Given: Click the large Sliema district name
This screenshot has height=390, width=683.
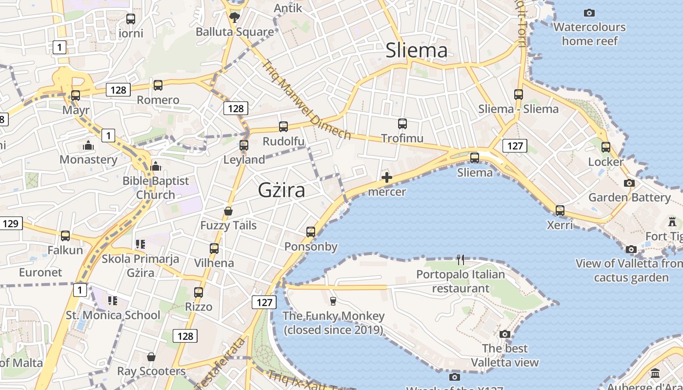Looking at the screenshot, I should (x=416, y=51).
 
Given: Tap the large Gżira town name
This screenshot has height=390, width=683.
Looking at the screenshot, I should (x=281, y=190).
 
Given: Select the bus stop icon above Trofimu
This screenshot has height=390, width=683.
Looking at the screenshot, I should (x=402, y=124).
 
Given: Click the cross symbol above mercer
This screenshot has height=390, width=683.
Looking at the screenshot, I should (x=387, y=177).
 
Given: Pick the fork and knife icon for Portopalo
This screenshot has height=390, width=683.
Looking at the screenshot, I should (x=461, y=260).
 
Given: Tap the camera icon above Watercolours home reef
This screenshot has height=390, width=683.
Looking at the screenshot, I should (x=589, y=13).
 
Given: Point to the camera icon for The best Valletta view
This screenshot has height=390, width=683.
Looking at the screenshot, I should (x=505, y=334).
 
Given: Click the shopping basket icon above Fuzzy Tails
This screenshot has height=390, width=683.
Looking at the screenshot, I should (x=228, y=211).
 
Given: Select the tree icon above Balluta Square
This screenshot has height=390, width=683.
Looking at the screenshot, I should (x=235, y=18).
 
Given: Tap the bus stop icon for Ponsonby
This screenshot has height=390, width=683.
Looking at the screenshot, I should (x=311, y=232).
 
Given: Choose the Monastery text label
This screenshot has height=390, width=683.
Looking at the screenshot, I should (x=88, y=160).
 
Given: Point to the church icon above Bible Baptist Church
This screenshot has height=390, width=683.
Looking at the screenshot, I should (x=156, y=166).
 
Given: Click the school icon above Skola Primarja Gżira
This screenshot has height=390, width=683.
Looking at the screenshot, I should (x=141, y=244).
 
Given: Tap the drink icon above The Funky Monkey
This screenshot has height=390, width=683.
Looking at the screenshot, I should (x=333, y=301).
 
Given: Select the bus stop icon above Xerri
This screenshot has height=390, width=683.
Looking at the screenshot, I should (x=560, y=211).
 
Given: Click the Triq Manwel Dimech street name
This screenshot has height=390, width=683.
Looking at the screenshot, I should (x=306, y=99).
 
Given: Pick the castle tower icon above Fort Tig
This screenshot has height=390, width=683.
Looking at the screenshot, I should (x=673, y=221).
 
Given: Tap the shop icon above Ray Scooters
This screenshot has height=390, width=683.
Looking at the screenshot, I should (x=151, y=357).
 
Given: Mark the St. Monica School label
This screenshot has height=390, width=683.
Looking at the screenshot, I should (x=113, y=315).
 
